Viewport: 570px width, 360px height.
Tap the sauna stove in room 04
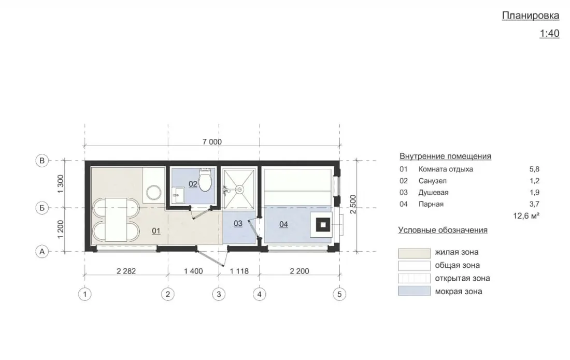(x=321, y=225)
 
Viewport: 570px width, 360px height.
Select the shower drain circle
(x=239, y=189)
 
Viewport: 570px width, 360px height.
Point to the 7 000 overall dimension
(x=212, y=142)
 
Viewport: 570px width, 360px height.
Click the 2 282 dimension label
(x=126, y=271)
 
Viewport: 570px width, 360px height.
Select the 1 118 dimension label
(x=239, y=271)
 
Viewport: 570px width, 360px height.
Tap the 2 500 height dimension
(x=353, y=205)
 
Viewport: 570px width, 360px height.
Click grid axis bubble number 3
(x=219, y=294)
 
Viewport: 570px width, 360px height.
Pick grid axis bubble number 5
(x=339, y=294)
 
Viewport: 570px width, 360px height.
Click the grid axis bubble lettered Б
(x=42, y=208)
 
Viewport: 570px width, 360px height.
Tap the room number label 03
(x=238, y=223)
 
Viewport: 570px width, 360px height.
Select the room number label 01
(x=156, y=231)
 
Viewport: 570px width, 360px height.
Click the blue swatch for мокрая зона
(x=414, y=291)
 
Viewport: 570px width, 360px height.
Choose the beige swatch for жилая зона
(x=414, y=253)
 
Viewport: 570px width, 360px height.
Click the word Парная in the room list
(x=431, y=204)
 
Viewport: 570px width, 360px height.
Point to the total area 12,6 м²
(x=526, y=216)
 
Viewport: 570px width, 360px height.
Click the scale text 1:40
(x=549, y=34)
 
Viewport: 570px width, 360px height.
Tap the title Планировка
(x=531, y=16)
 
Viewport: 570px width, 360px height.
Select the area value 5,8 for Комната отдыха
(x=534, y=169)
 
